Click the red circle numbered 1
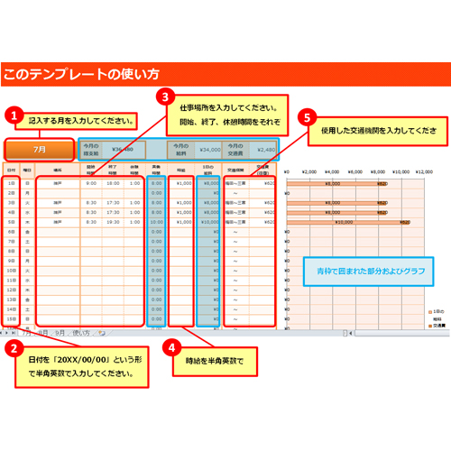click(13, 115)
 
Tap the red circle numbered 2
click(13, 347)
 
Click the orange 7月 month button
click(39, 149)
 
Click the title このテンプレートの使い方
click(81, 73)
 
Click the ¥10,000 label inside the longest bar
click(345, 221)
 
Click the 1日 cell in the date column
click(11, 183)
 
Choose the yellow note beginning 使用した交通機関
click(379, 131)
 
